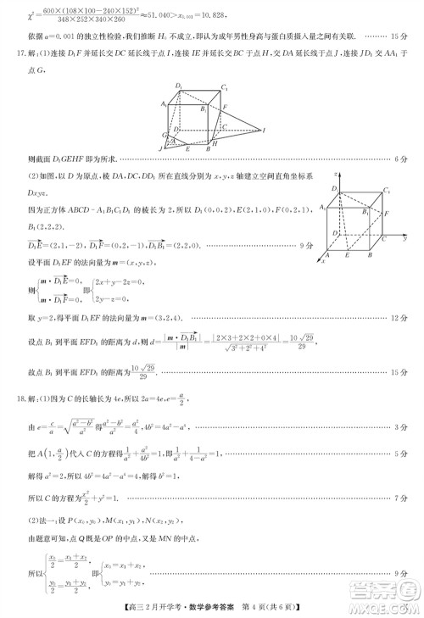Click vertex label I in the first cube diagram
[265, 130]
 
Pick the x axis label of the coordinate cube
[322, 261]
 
